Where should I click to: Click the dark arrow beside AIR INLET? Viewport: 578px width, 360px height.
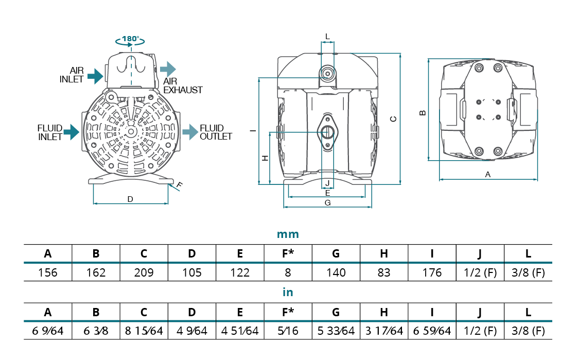tap(95, 77)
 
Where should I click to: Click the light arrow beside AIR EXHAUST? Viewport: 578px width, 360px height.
tap(168, 68)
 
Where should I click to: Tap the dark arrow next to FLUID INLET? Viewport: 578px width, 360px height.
tap(71, 132)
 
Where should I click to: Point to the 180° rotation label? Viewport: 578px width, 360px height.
tap(131, 39)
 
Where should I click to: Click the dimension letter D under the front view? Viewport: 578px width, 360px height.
tap(130, 199)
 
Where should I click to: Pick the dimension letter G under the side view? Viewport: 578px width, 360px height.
tap(327, 203)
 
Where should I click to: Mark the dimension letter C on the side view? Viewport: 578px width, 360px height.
tap(393, 119)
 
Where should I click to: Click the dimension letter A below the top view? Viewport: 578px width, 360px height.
tap(488, 175)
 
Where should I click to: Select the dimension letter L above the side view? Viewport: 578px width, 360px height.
tap(327, 36)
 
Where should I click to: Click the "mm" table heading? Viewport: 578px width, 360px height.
tap(288, 234)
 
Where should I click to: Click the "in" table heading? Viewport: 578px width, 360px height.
tap(288, 292)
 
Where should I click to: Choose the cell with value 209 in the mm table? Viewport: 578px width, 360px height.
tap(144, 272)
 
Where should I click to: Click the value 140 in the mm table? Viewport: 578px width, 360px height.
tap(336, 272)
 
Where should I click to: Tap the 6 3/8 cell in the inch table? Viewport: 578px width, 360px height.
tap(96, 331)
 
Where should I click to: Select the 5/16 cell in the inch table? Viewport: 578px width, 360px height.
tap(288, 331)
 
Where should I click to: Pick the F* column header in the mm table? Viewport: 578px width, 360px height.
tap(288, 253)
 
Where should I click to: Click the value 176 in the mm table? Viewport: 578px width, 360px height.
tap(432, 272)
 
